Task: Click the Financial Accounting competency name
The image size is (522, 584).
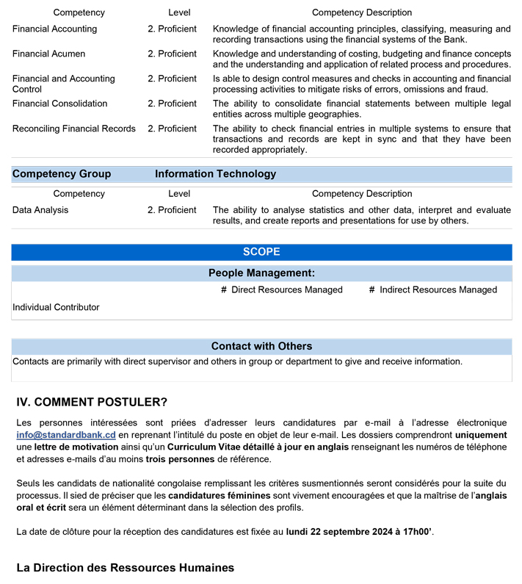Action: [54, 29]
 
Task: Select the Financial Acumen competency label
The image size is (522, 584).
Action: [48, 54]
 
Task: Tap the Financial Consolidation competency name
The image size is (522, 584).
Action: [59, 104]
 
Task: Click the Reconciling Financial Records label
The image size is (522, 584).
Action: [73, 129]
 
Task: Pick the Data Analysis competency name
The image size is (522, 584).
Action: [40, 210]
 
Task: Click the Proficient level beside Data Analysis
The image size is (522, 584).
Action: [172, 210]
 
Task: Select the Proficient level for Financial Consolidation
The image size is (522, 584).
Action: [172, 104]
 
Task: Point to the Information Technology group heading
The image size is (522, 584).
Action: [215, 174]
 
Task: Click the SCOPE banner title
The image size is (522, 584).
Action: [261, 252]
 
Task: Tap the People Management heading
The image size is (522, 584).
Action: [261, 273]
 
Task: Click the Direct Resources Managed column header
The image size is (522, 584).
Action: [282, 290]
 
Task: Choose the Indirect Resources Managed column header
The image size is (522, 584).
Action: [433, 290]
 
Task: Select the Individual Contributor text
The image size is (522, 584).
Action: [56, 307]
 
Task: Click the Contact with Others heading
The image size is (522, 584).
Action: [261, 346]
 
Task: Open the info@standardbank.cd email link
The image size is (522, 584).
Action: [66, 435]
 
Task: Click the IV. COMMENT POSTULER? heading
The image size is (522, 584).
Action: [92, 403]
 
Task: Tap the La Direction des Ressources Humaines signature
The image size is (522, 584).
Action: [126, 568]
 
